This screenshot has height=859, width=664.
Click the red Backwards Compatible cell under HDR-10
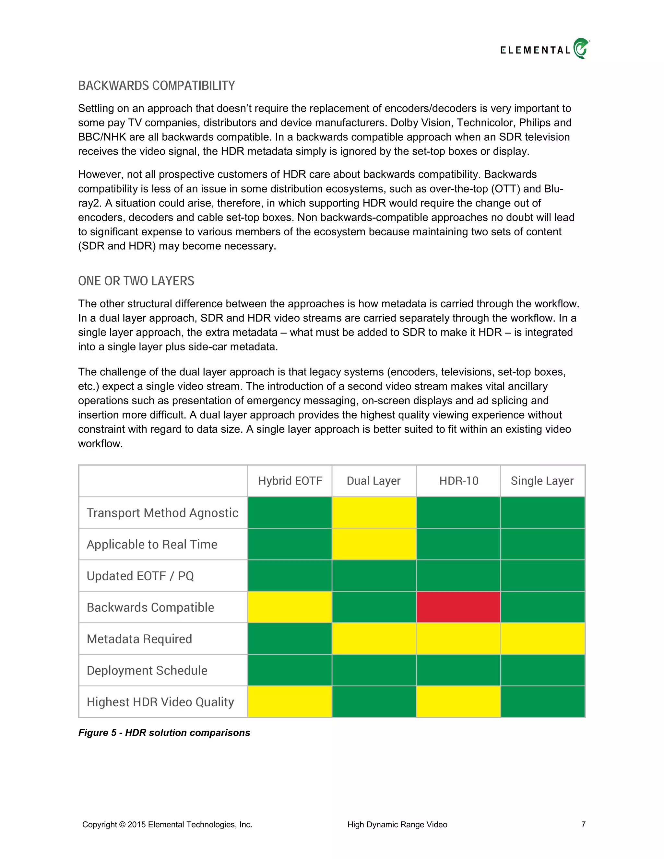(x=458, y=607)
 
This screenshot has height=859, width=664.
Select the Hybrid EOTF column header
(x=290, y=481)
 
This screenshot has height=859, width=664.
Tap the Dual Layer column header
(x=374, y=481)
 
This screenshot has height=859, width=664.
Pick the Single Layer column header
(x=542, y=481)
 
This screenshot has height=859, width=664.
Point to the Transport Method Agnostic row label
(x=162, y=513)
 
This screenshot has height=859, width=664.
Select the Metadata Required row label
(x=139, y=639)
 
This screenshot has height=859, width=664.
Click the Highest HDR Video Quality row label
(x=160, y=702)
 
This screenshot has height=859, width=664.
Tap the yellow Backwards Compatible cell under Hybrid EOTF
(x=290, y=607)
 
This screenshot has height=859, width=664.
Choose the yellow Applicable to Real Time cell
(x=374, y=544)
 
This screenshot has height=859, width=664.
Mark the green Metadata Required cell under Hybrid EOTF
(x=290, y=639)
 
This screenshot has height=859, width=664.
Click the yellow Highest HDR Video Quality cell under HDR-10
(x=458, y=702)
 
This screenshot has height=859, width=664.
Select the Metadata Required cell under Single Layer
(x=542, y=639)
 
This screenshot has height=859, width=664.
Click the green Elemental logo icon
(x=581, y=48)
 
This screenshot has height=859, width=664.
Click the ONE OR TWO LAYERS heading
(x=136, y=281)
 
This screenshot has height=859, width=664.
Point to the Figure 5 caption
(x=164, y=732)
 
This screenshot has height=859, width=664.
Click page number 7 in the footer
(x=583, y=824)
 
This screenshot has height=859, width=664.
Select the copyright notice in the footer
(x=167, y=824)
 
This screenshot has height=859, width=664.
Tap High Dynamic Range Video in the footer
(x=397, y=824)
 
